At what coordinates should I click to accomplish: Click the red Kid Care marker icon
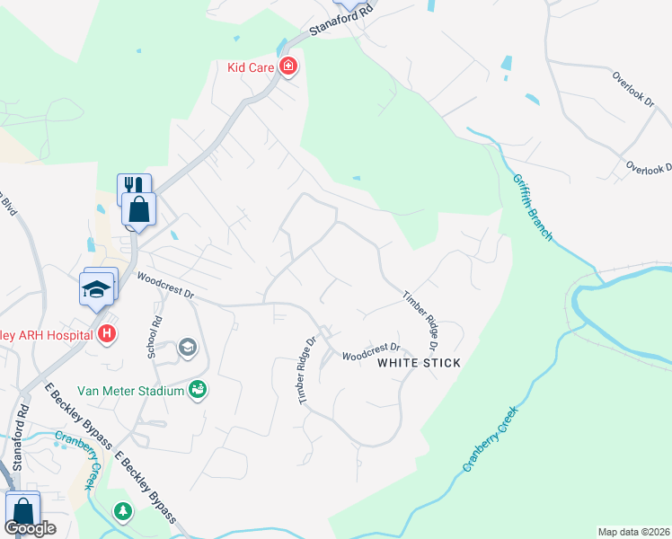288,66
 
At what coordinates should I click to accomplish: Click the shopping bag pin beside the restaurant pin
139,210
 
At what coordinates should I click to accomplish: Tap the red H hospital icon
107,335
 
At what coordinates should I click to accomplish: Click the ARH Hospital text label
45,335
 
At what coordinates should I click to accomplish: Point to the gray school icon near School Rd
188,347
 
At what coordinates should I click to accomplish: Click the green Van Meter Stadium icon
198,389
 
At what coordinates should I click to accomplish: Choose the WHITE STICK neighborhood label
419,363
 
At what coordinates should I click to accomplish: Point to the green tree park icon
122,511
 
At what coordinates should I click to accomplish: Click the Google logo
30,528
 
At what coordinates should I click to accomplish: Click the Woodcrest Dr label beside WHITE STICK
370,351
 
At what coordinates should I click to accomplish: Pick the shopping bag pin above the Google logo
22,508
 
